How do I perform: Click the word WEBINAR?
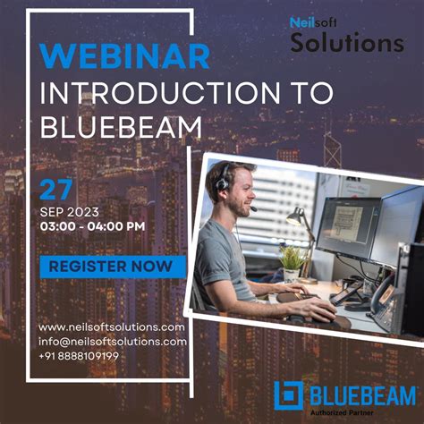coord(126,56)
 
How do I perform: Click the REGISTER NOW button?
coord(112,266)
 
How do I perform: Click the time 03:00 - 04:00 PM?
coord(93,227)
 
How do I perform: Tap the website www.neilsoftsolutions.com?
coord(113,327)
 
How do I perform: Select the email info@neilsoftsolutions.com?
coord(113,341)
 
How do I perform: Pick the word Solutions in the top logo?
coord(347,43)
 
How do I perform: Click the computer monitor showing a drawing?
coord(345,228)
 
